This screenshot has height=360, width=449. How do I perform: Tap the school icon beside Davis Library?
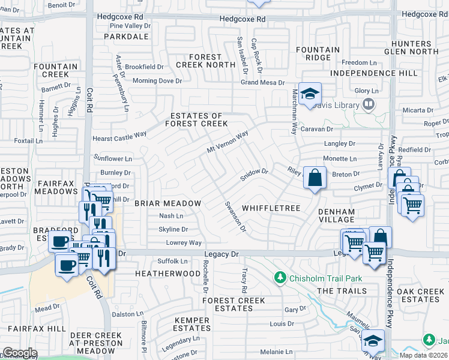[310, 94]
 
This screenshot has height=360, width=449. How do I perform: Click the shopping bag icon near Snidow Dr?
[315, 178]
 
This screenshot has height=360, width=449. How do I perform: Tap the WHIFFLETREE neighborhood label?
[271, 208]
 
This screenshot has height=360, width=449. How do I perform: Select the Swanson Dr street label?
[235, 217]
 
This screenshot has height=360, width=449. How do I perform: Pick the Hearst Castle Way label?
[119, 137]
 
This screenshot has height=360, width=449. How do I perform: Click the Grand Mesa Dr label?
[262, 83]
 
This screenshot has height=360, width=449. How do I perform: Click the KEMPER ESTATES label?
[192, 325]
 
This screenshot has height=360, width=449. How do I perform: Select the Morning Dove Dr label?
[157, 81]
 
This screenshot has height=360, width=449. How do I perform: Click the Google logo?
[19, 353]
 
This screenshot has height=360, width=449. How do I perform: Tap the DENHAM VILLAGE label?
[337, 216]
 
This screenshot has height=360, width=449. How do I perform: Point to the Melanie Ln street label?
[276, 352]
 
